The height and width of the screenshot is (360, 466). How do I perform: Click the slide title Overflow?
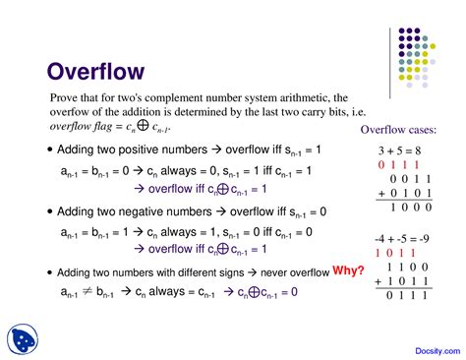click(96, 72)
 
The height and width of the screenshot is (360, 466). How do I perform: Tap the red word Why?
click(348, 270)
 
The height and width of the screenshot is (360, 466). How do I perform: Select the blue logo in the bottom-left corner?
click(21, 336)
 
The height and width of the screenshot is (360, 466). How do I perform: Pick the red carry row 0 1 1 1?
click(398, 166)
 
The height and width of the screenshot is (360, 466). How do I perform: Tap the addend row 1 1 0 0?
click(404, 267)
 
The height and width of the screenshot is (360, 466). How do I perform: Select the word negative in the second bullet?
click(137, 211)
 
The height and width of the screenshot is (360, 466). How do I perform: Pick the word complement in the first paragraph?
click(171, 98)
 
